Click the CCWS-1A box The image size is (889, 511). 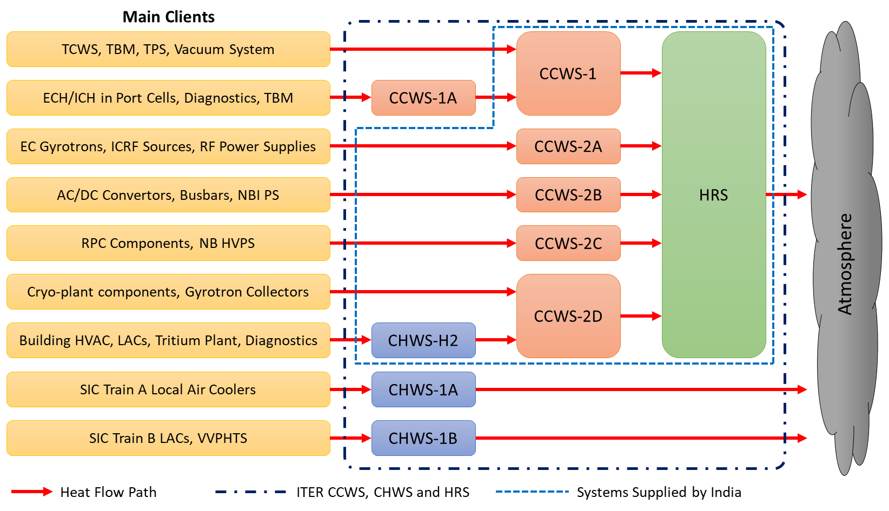click(423, 98)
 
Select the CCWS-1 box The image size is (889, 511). click(568, 73)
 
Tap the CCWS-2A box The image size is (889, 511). click(568, 146)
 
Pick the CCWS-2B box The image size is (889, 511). click(568, 195)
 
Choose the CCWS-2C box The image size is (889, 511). click(568, 244)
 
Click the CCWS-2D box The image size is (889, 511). click(568, 316)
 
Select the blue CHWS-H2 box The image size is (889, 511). click(423, 340)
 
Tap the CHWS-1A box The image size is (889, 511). click(423, 389)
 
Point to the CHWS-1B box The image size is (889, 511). click(423, 438)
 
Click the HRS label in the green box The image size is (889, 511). click(713, 195)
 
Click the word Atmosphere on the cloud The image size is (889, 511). click(845, 264)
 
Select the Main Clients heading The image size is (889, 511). click(168, 17)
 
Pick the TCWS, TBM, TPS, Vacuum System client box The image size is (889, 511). click(168, 49)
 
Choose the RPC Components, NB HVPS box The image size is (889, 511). click(168, 243)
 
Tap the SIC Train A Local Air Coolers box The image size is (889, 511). click(168, 389)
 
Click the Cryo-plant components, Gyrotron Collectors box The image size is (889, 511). click(168, 292)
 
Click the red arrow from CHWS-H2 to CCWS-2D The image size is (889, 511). click(496, 340)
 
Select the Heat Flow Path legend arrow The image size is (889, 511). click(31, 492)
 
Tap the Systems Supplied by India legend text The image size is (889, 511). click(659, 492)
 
